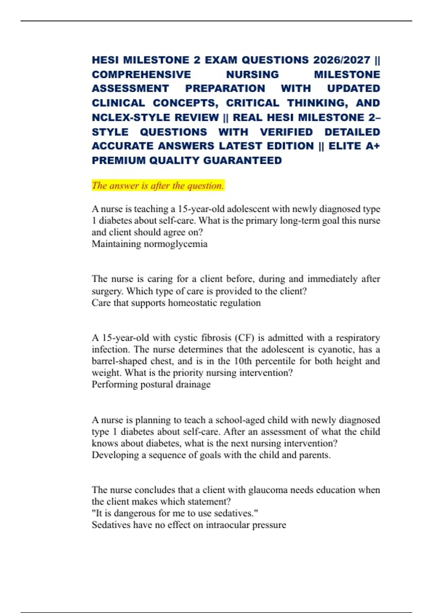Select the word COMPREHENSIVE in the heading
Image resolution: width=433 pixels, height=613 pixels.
[141, 74]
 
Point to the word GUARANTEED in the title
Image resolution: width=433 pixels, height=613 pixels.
[242, 160]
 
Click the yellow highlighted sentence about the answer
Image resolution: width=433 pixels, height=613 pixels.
[158, 186]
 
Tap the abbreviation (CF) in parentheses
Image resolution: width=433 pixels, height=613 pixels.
[245, 338]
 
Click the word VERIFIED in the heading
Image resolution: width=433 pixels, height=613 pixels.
[287, 132]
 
